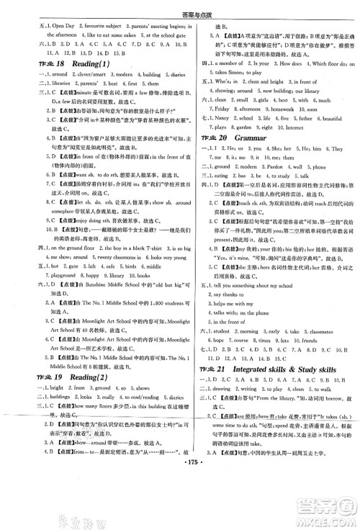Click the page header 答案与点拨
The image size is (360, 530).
click(180, 6)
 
